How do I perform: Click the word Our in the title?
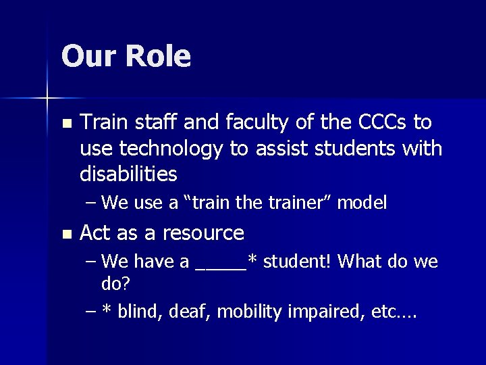88,56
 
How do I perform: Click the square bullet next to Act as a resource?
65,235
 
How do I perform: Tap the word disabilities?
128,175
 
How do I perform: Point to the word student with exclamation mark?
295,261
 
